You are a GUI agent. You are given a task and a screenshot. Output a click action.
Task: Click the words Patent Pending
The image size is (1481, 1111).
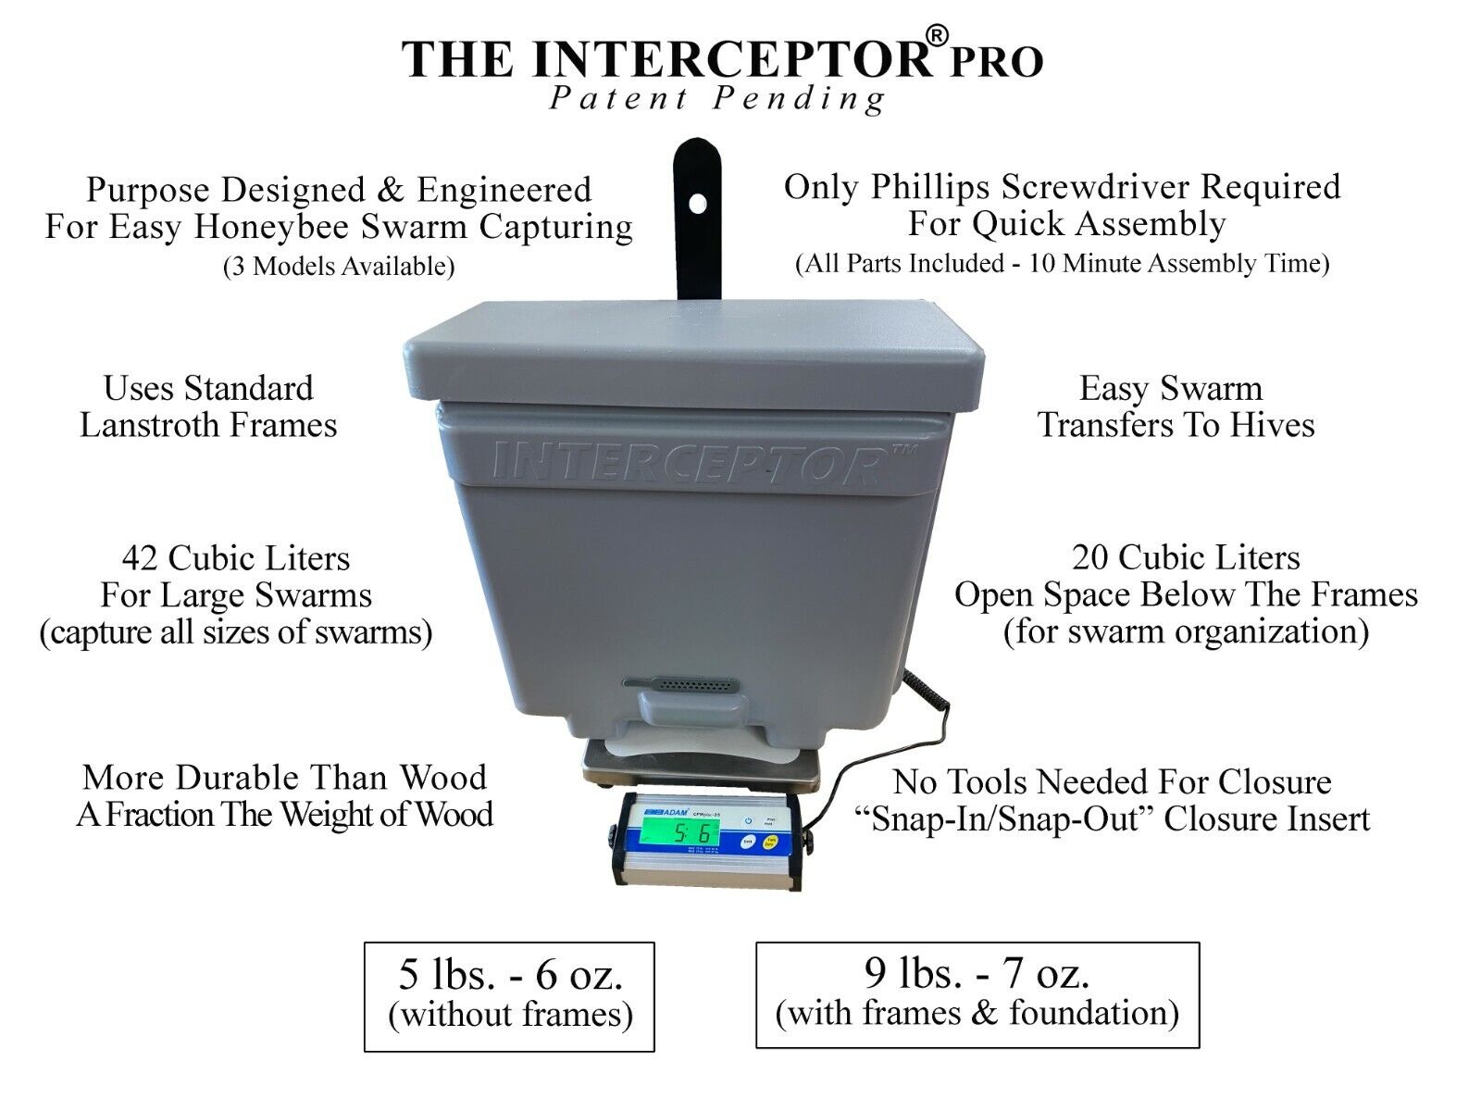717,99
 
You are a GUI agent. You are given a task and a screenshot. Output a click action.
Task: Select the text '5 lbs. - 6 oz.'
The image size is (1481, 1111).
510,975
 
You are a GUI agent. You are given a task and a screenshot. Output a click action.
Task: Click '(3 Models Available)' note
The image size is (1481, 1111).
339,267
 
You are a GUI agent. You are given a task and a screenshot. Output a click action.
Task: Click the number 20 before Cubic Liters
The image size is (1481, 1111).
1093,557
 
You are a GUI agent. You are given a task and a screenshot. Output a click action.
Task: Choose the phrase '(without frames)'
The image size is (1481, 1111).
510,1015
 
